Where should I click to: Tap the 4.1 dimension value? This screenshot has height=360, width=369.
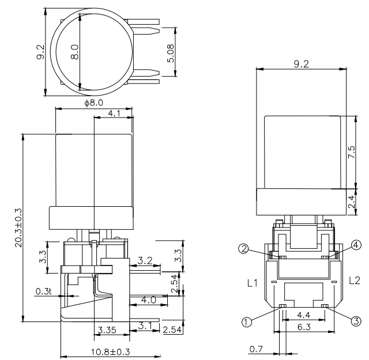coord(113,114)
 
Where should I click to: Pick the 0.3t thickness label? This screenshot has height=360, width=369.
coord(43,292)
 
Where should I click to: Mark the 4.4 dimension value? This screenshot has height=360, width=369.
coord(303,316)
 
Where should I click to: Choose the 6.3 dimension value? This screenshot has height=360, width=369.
coord(303,327)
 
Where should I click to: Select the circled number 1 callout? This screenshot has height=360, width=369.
coord(247,322)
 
